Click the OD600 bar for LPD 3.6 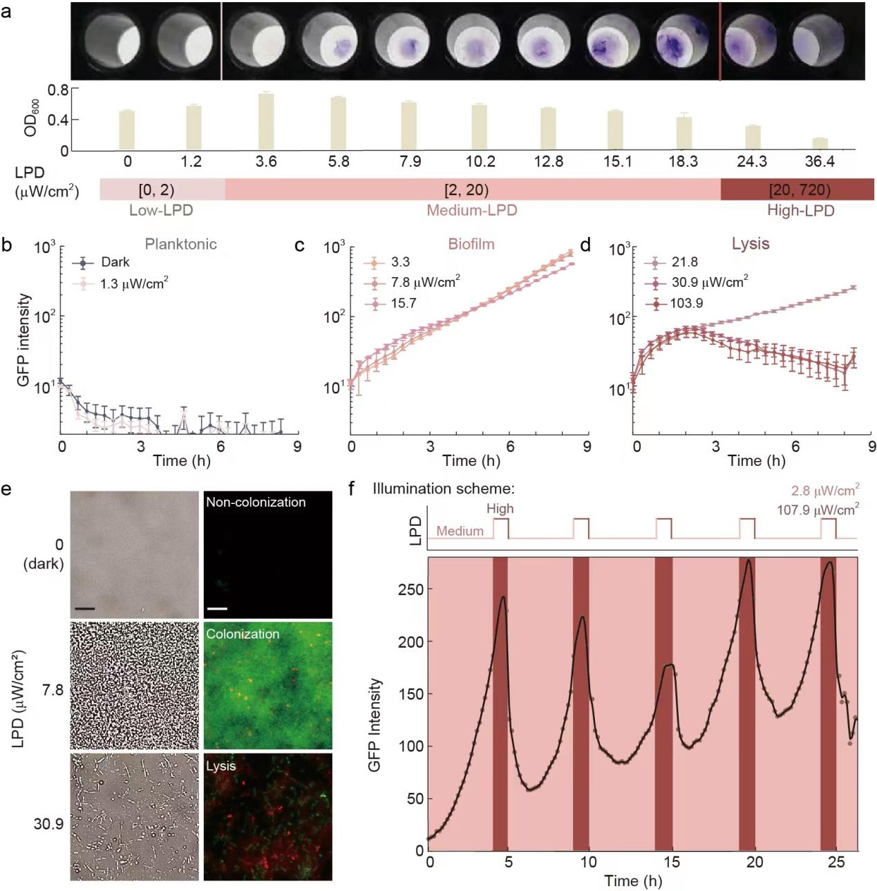click(266, 122)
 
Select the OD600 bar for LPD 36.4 click(820, 144)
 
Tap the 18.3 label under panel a click(683, 162)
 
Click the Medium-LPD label click(471, 210)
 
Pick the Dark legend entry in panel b click(115, 262)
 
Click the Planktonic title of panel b click(180, 244)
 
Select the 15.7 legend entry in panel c click(404, 303)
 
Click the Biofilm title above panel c click(471, 244)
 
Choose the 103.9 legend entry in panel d click(686, 303)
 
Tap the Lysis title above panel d click(750, 244)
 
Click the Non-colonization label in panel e click(256, 503)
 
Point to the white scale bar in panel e click(217, 609)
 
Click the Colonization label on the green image click(243, 634)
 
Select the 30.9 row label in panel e click(48, 824)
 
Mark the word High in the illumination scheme click(500, 509)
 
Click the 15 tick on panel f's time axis click(672, 862)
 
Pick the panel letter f click(352, 489)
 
